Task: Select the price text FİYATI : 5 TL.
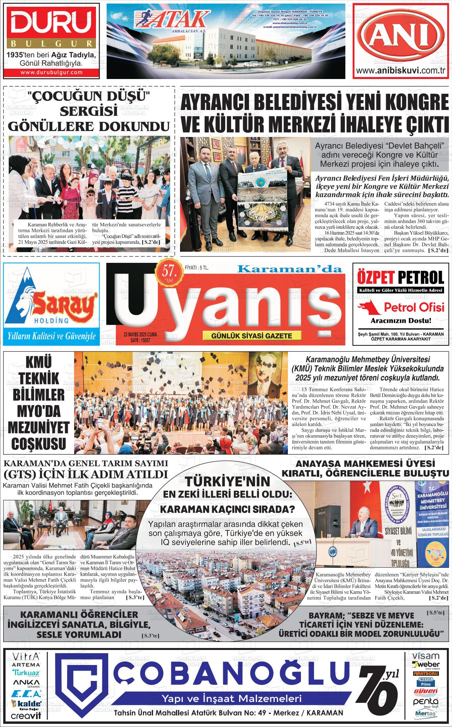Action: click(x=197, y=268)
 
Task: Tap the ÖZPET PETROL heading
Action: click(x=400, y=277)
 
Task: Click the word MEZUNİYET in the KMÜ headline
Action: click(x=38, y=428)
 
